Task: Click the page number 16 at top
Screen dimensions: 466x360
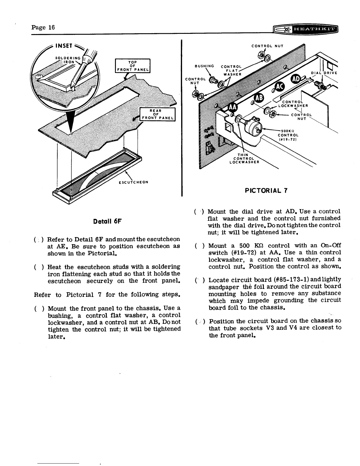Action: coord(43,27)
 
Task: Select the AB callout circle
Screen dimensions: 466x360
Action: coord(259,99)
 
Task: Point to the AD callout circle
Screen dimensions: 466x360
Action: coord(296,79)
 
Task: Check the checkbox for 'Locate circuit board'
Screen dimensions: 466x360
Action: coord(199,279)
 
